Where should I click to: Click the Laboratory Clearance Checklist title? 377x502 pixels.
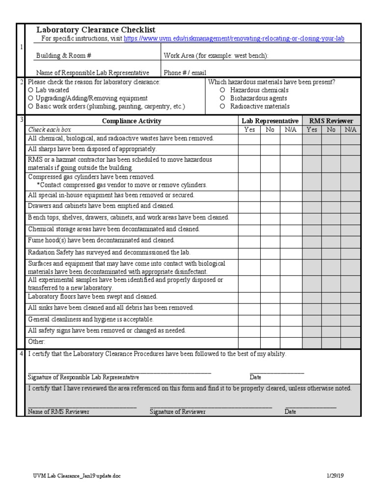click(96, 30)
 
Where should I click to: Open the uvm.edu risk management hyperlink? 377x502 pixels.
click(234, 39)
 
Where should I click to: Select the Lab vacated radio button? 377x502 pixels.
click(31, 90)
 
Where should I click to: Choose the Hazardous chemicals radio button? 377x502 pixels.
click(222, 90)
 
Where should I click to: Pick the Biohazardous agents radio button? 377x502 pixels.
click(222, 98)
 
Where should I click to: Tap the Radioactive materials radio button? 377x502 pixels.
click(222, 106)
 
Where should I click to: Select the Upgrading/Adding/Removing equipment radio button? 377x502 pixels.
click(31, 98)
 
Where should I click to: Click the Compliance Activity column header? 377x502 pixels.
click(131, 121)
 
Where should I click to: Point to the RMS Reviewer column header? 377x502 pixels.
click(331, 121)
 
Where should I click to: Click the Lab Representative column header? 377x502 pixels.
click(269, 121)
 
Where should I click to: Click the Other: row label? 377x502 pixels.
click(36, 342)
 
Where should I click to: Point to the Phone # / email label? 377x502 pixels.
click(185, 73)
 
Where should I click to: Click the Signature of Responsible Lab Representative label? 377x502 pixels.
click(83, 377)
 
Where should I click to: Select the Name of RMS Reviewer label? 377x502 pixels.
click(58, 412)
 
